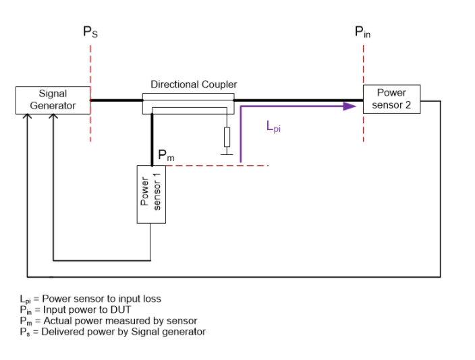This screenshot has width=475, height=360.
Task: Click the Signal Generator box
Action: point(53,100)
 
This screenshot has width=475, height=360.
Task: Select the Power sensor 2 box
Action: point(391,99)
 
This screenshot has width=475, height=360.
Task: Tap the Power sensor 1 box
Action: point(151,193)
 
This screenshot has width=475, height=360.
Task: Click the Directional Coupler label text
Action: point(194,84)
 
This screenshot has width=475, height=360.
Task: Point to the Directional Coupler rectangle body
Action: point(188,103)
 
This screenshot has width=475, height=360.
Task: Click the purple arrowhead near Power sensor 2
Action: point(350,105)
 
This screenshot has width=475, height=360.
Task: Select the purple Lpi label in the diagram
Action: point(273,126)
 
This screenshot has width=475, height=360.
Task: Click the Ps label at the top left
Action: point(90,32)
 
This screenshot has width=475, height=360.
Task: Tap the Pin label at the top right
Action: point(362,32)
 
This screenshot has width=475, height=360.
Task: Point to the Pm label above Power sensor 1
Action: point(166,156)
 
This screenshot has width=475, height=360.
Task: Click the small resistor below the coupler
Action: point(227,137)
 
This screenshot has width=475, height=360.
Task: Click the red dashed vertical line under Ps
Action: point(90,121)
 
